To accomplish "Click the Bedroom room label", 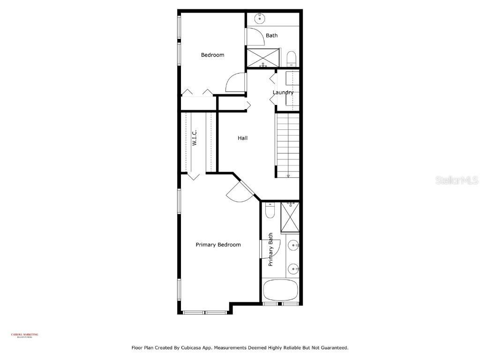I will click(x=212, y=55).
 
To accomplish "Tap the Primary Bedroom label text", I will click(x=218, y=245).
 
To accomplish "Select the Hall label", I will click(x=242, y=138).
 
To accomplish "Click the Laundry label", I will click(x=283, y=92).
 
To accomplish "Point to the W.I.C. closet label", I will click(x=194, y=138).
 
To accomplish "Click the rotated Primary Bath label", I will click(x=270, y=250).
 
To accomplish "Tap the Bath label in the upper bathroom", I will click(x=271, y=35).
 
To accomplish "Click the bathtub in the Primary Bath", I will click(x=281, y=290).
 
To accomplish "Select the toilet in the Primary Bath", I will click(x=270, y=211).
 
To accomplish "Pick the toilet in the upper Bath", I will click(x=291, y=59).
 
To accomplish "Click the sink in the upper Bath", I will click(x=259, y=19).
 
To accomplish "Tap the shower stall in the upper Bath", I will click(x=263, y=57).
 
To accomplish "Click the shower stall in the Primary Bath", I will click(x=291, y=217).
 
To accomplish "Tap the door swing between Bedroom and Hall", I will click(x=236, y=83).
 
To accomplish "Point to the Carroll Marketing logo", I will click(x=25, y=335).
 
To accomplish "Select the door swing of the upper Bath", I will click(x=255, y=37).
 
